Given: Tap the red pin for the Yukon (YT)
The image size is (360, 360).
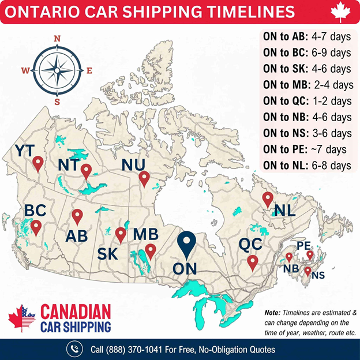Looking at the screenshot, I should click(38, 164).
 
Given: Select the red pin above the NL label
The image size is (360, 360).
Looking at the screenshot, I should click(267, 200).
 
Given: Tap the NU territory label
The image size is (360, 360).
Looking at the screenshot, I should click(133, 164).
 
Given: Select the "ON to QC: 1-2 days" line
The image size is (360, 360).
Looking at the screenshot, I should click(307, 101).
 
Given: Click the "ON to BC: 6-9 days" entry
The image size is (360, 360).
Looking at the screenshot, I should click(307, 53).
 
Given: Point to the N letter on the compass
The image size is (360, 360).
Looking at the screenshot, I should click(57, 39).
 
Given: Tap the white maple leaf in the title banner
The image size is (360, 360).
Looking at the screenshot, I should click(339, 12).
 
